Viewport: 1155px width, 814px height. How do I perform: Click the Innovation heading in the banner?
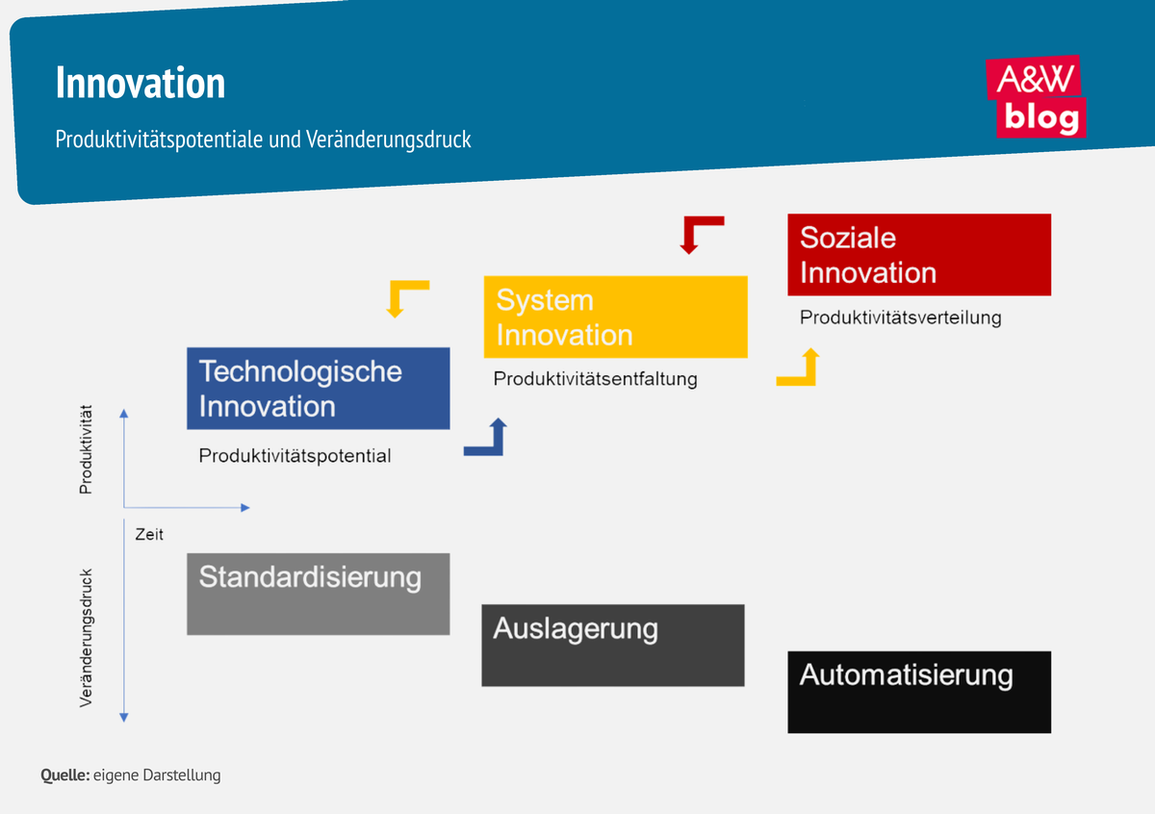[141, 84]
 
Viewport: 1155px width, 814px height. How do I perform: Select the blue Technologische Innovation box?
[318, 388]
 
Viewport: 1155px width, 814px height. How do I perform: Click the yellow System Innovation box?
[615, 318]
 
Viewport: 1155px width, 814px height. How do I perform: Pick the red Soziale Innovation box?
[918, 255]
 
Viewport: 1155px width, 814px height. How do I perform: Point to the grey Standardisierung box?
[318, 594]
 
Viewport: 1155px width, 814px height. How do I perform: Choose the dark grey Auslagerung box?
[612, 645]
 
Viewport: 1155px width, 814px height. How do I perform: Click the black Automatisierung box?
[918, 692]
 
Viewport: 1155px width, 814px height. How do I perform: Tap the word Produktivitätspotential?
[295, 456]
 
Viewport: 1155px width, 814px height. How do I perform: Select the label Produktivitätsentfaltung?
[595, 379]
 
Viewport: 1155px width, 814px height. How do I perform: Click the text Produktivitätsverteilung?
[900, 318]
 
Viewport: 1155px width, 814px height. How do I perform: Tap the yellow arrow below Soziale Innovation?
[801, 370]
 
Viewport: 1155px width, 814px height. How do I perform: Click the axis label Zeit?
[149, 534]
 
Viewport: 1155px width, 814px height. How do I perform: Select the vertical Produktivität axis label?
[86, 450]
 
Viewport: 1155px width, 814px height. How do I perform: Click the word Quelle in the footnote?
[64, 776]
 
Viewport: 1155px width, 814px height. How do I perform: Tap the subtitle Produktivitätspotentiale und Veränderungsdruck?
[264, 140]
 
